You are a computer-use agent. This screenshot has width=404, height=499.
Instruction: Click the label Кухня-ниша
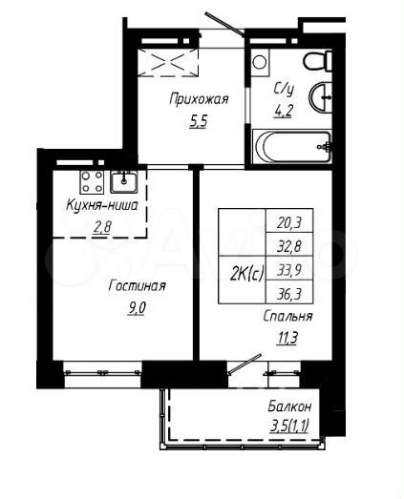point(101,205)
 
